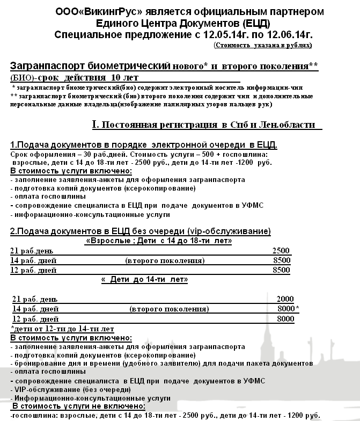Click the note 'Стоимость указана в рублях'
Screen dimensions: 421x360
(x=262, y=45)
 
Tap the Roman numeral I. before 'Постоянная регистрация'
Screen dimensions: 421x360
(x=95, y=125)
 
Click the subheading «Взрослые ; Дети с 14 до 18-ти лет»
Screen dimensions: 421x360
(x=159, y=241)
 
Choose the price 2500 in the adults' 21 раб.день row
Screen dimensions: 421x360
(x=281, y=251)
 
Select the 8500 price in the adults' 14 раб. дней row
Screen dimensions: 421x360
(x=281, y=261)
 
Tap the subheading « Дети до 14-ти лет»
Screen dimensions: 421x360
(x=144, y=280)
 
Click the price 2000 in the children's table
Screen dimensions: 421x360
(x=285, y=299)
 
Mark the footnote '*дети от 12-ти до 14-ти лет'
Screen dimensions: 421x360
(x=62, y=329)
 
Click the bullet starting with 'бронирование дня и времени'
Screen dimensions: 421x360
(x=161, y=364)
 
